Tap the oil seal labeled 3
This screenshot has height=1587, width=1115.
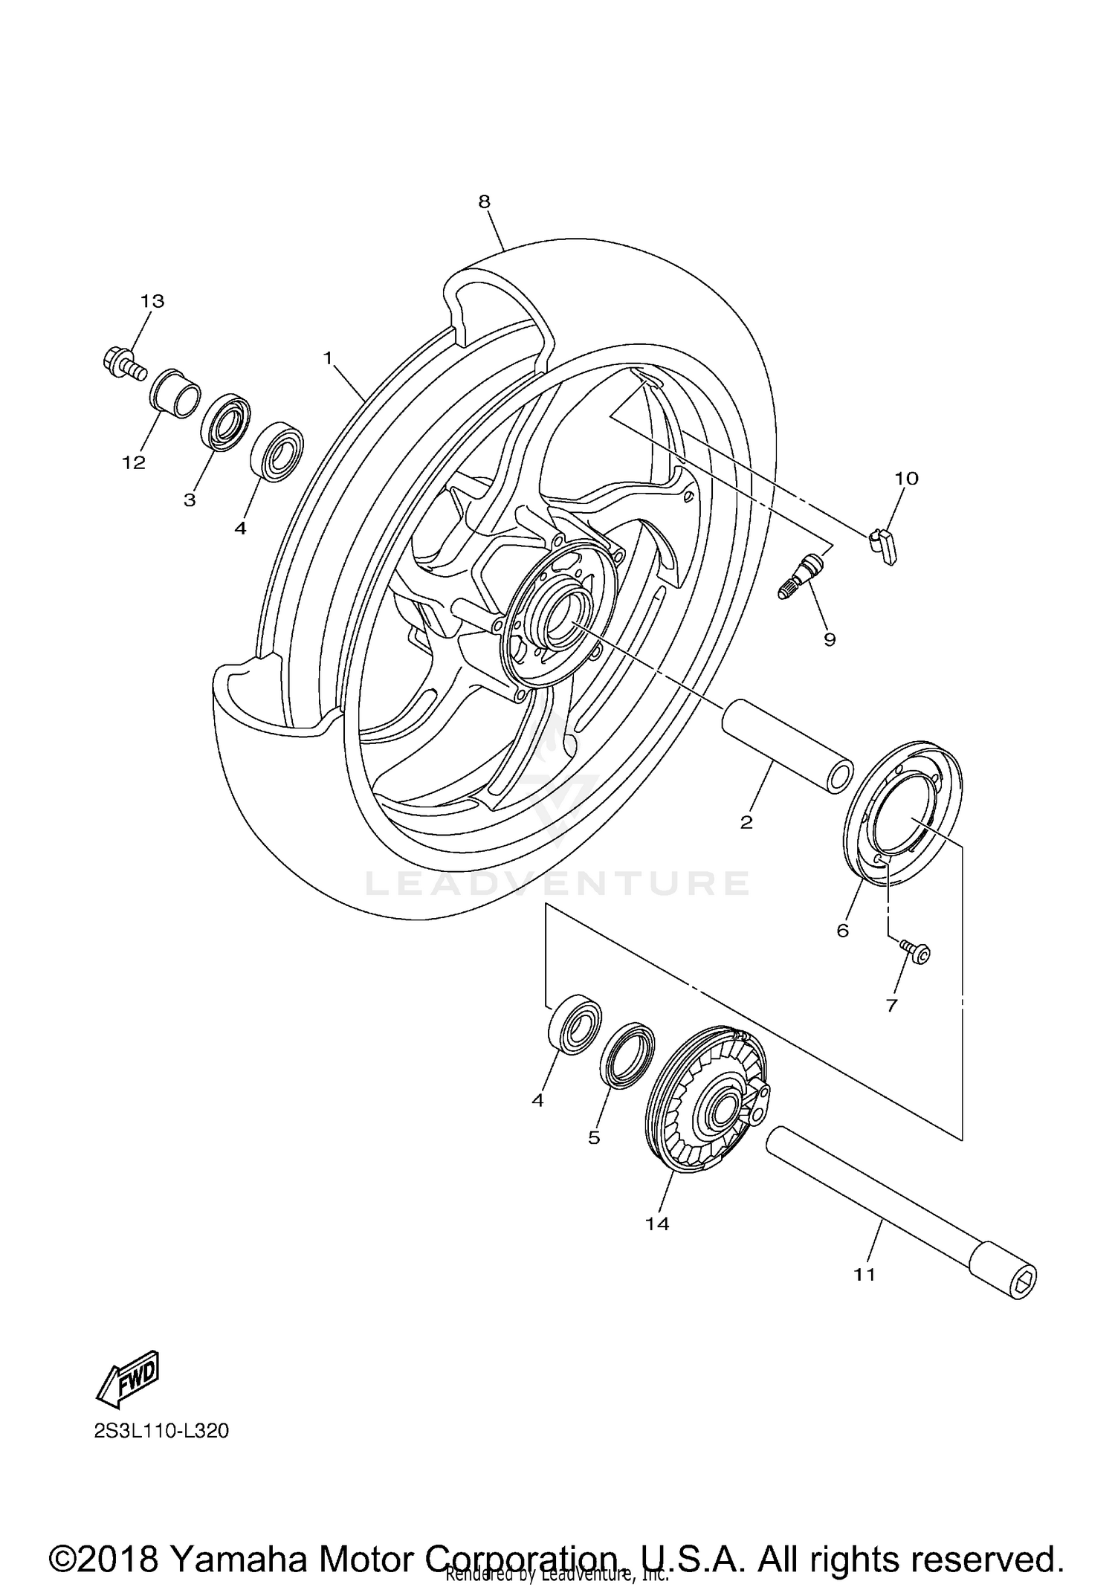point(225,424)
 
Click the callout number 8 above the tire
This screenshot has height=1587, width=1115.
point(484,201)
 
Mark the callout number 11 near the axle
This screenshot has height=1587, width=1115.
point(864,1274)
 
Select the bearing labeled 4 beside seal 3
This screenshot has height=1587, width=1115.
point(277,451)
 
